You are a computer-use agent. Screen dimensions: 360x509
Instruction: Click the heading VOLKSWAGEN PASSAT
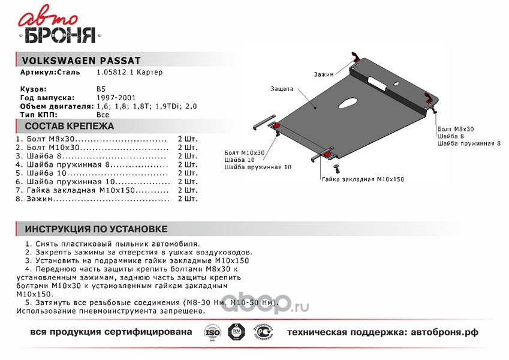click(81, 61)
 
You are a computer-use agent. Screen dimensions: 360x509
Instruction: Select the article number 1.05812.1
click(116, 73)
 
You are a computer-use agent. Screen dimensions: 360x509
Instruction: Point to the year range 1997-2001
click(115, 97)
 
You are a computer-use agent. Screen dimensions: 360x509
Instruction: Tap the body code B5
click(101, 88)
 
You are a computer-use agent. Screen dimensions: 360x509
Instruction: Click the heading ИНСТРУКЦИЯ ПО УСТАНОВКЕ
click(96, 229)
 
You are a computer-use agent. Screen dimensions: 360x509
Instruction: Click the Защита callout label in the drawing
click(281, 89)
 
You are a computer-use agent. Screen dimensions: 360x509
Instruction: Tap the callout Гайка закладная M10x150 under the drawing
click(362, 179)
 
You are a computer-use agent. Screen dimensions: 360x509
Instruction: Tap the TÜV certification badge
click(237, 332)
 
